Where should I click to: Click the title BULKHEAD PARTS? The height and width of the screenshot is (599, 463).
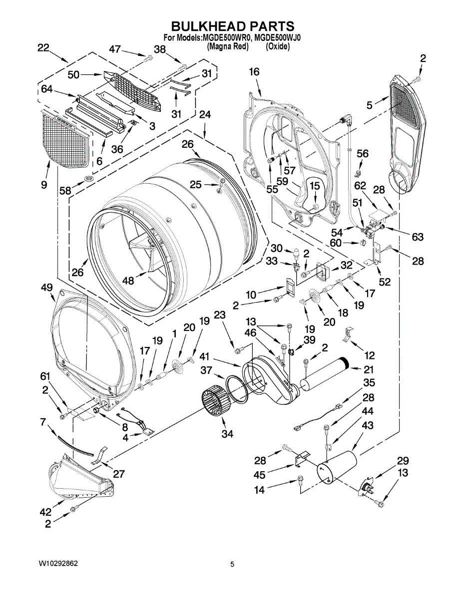coord(233,26)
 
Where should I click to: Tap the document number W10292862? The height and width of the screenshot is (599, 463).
coord(59,564)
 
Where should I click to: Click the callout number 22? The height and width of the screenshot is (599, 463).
coord(43,48)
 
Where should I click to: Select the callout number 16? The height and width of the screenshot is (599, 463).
coord(254,72)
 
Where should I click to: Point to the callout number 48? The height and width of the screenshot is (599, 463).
coord(128,281)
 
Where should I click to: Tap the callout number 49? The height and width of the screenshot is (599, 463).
coord(46,288)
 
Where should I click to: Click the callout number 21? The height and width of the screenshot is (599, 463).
coord(369,369)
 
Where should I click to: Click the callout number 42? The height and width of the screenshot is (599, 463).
coord(45,512)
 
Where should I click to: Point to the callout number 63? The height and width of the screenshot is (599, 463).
coord(417,237)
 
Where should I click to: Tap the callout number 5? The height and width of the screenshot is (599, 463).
coord(369,105)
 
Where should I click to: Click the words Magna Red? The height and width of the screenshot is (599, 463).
coord(228,46)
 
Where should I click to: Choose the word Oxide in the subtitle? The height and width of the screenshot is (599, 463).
coord(278,46)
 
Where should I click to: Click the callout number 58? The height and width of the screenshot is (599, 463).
coord(65,191)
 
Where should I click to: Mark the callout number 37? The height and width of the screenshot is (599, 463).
coord(207,370)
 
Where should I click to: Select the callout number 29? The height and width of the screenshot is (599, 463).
coord(403,460)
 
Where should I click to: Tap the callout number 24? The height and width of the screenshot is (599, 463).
coord(204,114)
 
